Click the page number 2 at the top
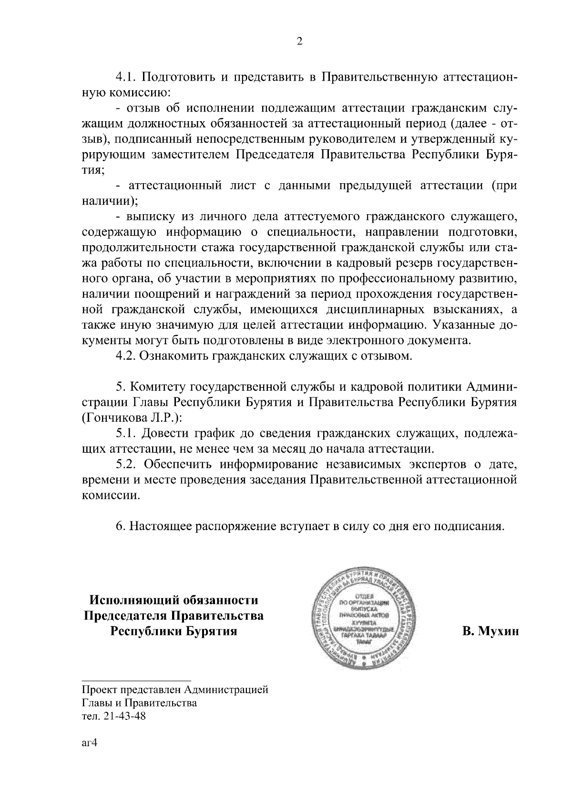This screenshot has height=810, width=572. [x=299, y=41]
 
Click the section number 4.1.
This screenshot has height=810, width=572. [x=127, y=77]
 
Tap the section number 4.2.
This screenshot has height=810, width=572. [x=127, y=356]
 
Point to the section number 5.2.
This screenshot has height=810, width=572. [x=127, y=464]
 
